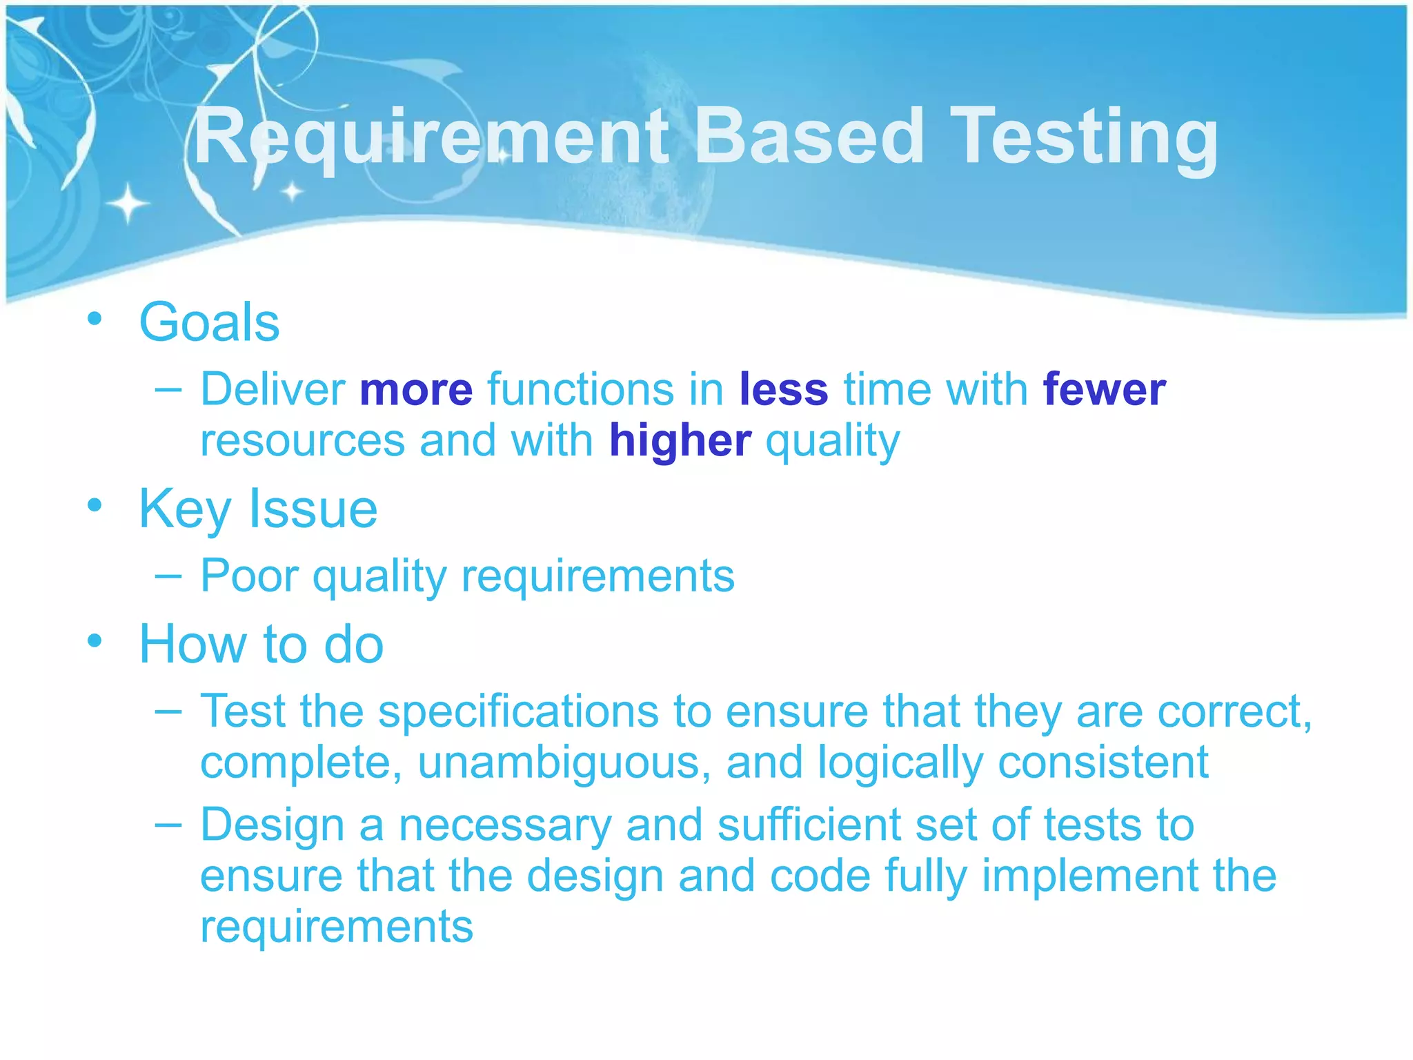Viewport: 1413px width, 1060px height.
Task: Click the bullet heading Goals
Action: point(209,322)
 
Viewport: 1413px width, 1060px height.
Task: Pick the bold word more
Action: point(416,390)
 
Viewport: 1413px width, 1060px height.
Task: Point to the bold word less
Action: point(783,390)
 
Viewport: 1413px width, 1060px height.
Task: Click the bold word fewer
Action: point(1104,390)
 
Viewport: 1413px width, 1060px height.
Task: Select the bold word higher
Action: point(680,441)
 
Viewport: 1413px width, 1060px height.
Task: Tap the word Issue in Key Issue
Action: point(313,509)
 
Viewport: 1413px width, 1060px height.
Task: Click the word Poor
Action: point(249,576)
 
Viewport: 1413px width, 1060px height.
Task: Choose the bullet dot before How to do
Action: point(95,641)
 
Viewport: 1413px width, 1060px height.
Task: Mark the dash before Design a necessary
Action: point(168,824)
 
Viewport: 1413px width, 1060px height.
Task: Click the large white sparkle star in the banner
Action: point(128,204)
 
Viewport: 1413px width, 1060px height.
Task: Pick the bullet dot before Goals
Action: point(95,319)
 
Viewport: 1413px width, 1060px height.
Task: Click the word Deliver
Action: point(273,390)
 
